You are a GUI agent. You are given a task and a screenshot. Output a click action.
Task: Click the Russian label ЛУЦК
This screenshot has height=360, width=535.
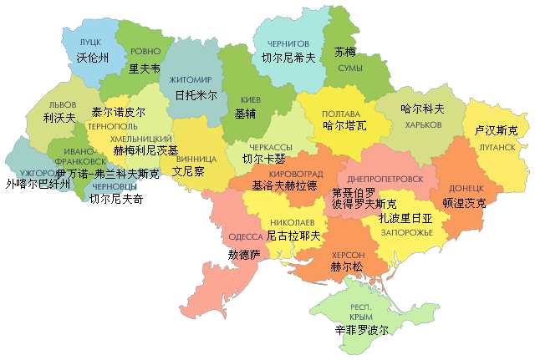pos(91,41)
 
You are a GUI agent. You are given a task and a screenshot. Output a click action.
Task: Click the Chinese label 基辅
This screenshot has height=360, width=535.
pos(246,113)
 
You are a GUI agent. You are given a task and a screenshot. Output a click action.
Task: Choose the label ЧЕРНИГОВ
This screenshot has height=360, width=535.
pos(288,43)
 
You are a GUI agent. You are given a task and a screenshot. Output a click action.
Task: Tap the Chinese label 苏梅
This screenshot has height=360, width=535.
pos(344,52)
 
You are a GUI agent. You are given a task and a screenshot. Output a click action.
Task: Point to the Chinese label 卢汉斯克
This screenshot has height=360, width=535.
pos(496,131)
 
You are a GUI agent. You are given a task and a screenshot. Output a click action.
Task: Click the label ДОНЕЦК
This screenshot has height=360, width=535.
pos(466,189)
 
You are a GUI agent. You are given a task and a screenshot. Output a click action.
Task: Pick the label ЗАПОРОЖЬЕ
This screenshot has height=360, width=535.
pos(405,235)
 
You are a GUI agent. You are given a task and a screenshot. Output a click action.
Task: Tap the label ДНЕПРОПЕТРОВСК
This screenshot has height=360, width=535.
pos(380,179)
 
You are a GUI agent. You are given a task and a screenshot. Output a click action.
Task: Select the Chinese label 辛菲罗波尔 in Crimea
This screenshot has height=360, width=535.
pos(355,330)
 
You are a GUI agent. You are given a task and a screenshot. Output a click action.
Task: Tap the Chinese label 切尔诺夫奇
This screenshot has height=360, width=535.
pos(116,200)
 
